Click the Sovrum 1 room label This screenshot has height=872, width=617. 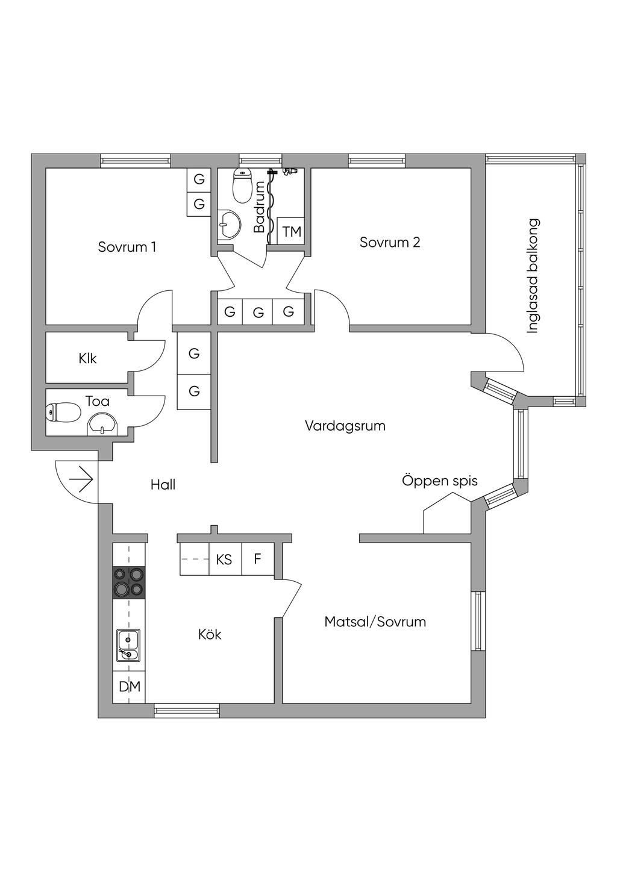pos(127,247)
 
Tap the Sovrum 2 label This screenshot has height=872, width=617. pos(390,243)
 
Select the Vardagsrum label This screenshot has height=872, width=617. pos(345,426)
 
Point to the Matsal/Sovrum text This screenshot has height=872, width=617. pos(375,621)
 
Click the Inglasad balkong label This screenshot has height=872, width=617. pos(532,276)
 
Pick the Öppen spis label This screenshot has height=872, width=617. pos(440,481)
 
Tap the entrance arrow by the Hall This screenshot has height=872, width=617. pos(81,481)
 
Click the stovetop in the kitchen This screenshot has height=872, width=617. pos(130,582)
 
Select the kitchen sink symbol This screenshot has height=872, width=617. pos(128,646)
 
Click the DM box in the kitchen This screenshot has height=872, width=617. pos(129,687)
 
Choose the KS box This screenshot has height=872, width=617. pos(224,559)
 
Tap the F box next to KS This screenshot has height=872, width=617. pos(257,559)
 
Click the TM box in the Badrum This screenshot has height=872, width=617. pos(292,232)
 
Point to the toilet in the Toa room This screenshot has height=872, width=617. pos(63,413)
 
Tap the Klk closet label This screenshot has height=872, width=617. pos(87,359)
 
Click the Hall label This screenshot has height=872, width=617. pos(163,485)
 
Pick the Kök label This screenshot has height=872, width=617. pos(210,635)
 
